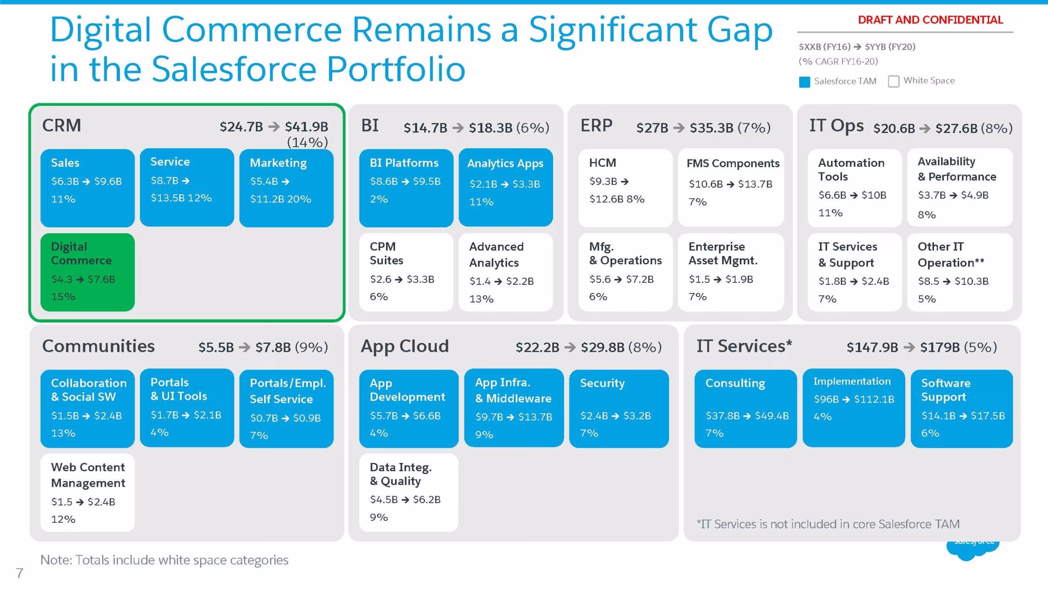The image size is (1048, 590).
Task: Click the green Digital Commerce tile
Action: click(88, 272)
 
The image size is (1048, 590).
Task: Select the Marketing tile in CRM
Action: click(287, 188)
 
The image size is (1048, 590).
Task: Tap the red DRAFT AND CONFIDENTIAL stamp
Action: click(930, 20)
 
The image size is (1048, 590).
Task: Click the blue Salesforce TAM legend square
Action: click(804, 82)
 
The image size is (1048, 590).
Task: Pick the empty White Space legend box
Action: click(894, 82)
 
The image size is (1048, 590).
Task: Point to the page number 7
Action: click(19, 573)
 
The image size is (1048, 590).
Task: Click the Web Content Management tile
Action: click(88, 492)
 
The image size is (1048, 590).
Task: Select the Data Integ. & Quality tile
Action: click(409, 492)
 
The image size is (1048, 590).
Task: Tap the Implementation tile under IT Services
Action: click(854, 408)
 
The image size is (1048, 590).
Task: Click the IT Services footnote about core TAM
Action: click(828, 524)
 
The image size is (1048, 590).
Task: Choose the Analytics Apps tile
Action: click(506, 188)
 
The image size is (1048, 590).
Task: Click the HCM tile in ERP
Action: click(626, 188)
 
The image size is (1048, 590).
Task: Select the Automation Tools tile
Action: click(855, 188)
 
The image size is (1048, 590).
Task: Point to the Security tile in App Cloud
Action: click(619, 408)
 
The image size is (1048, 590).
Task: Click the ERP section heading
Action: click(596, 125)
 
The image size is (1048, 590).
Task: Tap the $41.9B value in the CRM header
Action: click(307, 127)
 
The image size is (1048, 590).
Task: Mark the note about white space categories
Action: click(164, 560)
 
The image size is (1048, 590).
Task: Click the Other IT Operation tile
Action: click(960, 272)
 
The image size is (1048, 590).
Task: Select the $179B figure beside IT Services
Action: click(940, 347)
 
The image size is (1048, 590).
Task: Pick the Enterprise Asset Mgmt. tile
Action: click(731, 272)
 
